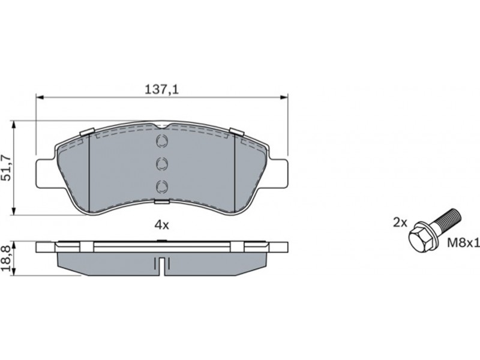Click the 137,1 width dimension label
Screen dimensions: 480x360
point(161,89)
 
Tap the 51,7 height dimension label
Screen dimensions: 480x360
point(7,168)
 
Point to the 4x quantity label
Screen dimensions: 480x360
point(161,226)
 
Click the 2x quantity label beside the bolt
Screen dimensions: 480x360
point(400,223)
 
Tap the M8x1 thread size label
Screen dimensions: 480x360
point(463,244)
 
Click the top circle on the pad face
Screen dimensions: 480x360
point(161,141)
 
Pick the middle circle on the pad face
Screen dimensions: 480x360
point(161,163)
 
